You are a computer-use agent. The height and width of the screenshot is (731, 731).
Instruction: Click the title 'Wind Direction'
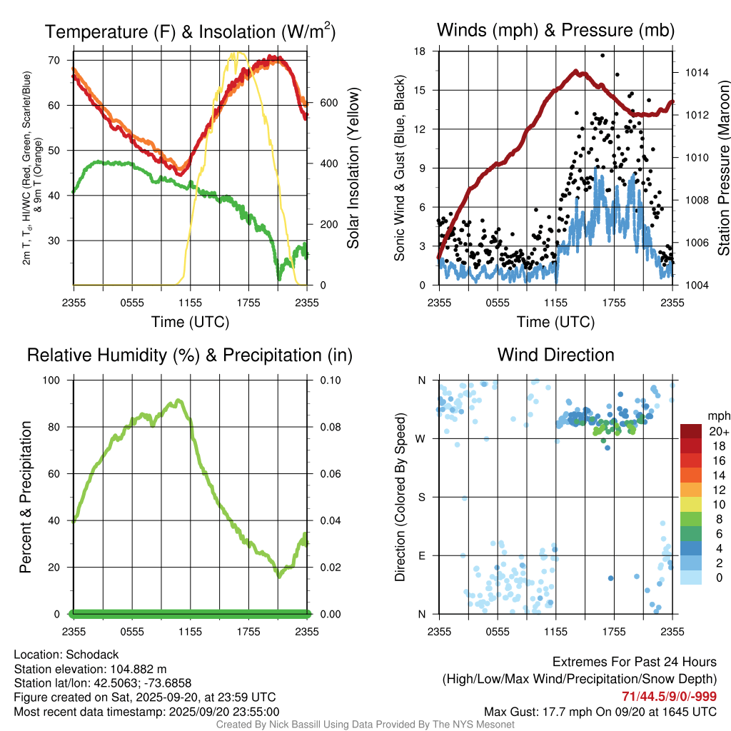coord(555,355)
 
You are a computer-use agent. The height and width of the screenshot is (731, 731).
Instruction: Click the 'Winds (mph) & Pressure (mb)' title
coord(555,31)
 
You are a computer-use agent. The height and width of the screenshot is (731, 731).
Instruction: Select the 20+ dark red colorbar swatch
coord(691,432)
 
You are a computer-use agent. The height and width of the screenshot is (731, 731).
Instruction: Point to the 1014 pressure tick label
coord(696,72)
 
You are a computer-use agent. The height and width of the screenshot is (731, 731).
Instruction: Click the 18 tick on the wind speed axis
coord(420,51)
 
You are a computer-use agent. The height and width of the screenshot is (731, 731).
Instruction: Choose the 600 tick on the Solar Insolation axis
coord(328,103)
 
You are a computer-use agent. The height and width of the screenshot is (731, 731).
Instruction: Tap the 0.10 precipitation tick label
coord(329,380)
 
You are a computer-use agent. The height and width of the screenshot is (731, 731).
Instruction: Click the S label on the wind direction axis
coord(421,497)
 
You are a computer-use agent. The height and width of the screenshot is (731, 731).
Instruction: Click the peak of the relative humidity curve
coord(177,401)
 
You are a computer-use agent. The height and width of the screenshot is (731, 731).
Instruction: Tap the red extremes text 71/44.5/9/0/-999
coord(669,697)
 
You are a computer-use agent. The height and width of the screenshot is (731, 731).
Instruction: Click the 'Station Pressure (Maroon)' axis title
coord(723,168)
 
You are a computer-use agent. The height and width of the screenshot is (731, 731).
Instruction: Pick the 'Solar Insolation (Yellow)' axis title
coord(353,168)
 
